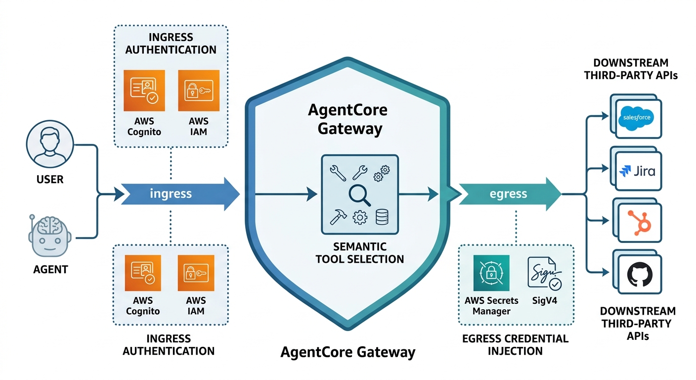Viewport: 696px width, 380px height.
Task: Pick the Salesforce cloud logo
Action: (x=637, y=118)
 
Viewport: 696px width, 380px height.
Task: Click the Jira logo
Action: (x=637, y=171)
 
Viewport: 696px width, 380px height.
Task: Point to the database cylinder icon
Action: (x=382, y=216)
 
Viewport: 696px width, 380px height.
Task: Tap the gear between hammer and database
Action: (x=359, y=217)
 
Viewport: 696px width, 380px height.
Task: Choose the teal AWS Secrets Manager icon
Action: (x=490, y=273)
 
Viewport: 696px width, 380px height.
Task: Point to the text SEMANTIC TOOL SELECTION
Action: (x=359, y=253)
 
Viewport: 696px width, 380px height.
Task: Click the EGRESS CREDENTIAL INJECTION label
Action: (x=515, y=345)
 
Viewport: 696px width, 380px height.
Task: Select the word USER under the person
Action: (x=50, y=179)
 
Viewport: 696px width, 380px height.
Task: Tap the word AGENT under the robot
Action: (x=50, y=270)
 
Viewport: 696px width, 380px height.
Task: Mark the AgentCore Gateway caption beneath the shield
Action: (x=348, y=352)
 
